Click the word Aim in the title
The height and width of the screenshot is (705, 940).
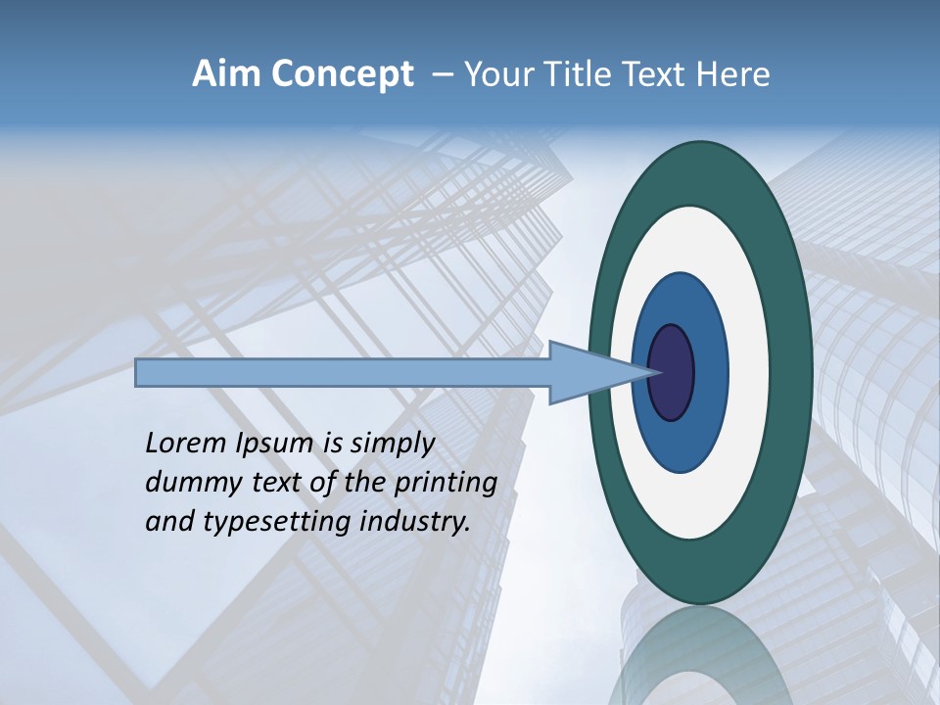225,74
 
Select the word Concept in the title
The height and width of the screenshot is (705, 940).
343,74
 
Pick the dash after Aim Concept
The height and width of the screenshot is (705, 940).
442,74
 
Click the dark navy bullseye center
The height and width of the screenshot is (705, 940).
672,372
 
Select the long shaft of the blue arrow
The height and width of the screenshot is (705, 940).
343,372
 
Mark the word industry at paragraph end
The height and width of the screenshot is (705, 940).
415,522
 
